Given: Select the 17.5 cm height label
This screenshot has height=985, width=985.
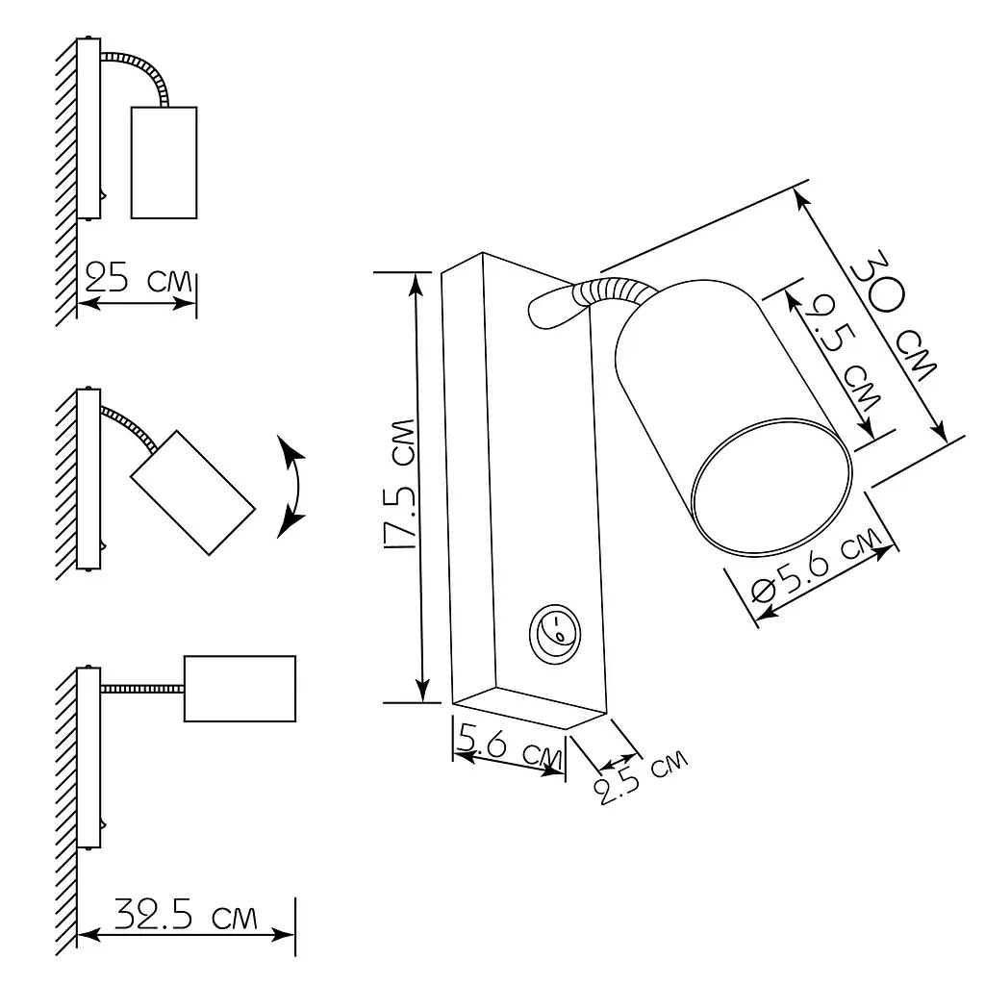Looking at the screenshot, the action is (399, 485).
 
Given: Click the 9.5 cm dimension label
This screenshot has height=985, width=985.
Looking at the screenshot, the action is (843, 353).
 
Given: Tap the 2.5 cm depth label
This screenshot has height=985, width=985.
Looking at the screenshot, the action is (642, 777).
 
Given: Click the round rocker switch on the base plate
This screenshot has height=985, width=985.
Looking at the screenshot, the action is (555, 634).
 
